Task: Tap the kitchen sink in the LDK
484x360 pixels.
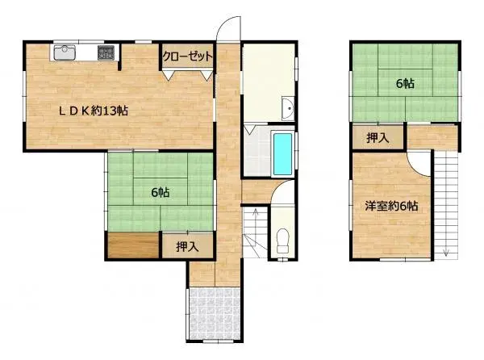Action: click(65, 53)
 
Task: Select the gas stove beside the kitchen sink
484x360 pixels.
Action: click(106, 53)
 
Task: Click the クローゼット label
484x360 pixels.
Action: click(187, 57)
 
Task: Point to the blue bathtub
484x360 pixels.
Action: click(282, 153)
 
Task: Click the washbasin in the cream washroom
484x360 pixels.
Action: click(287, 108)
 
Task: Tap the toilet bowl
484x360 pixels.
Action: click(282, 240)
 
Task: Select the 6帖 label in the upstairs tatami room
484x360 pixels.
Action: click(404, 83)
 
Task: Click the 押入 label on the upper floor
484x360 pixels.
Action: click(378, 138)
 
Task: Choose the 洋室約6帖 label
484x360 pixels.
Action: click(390, 206)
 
